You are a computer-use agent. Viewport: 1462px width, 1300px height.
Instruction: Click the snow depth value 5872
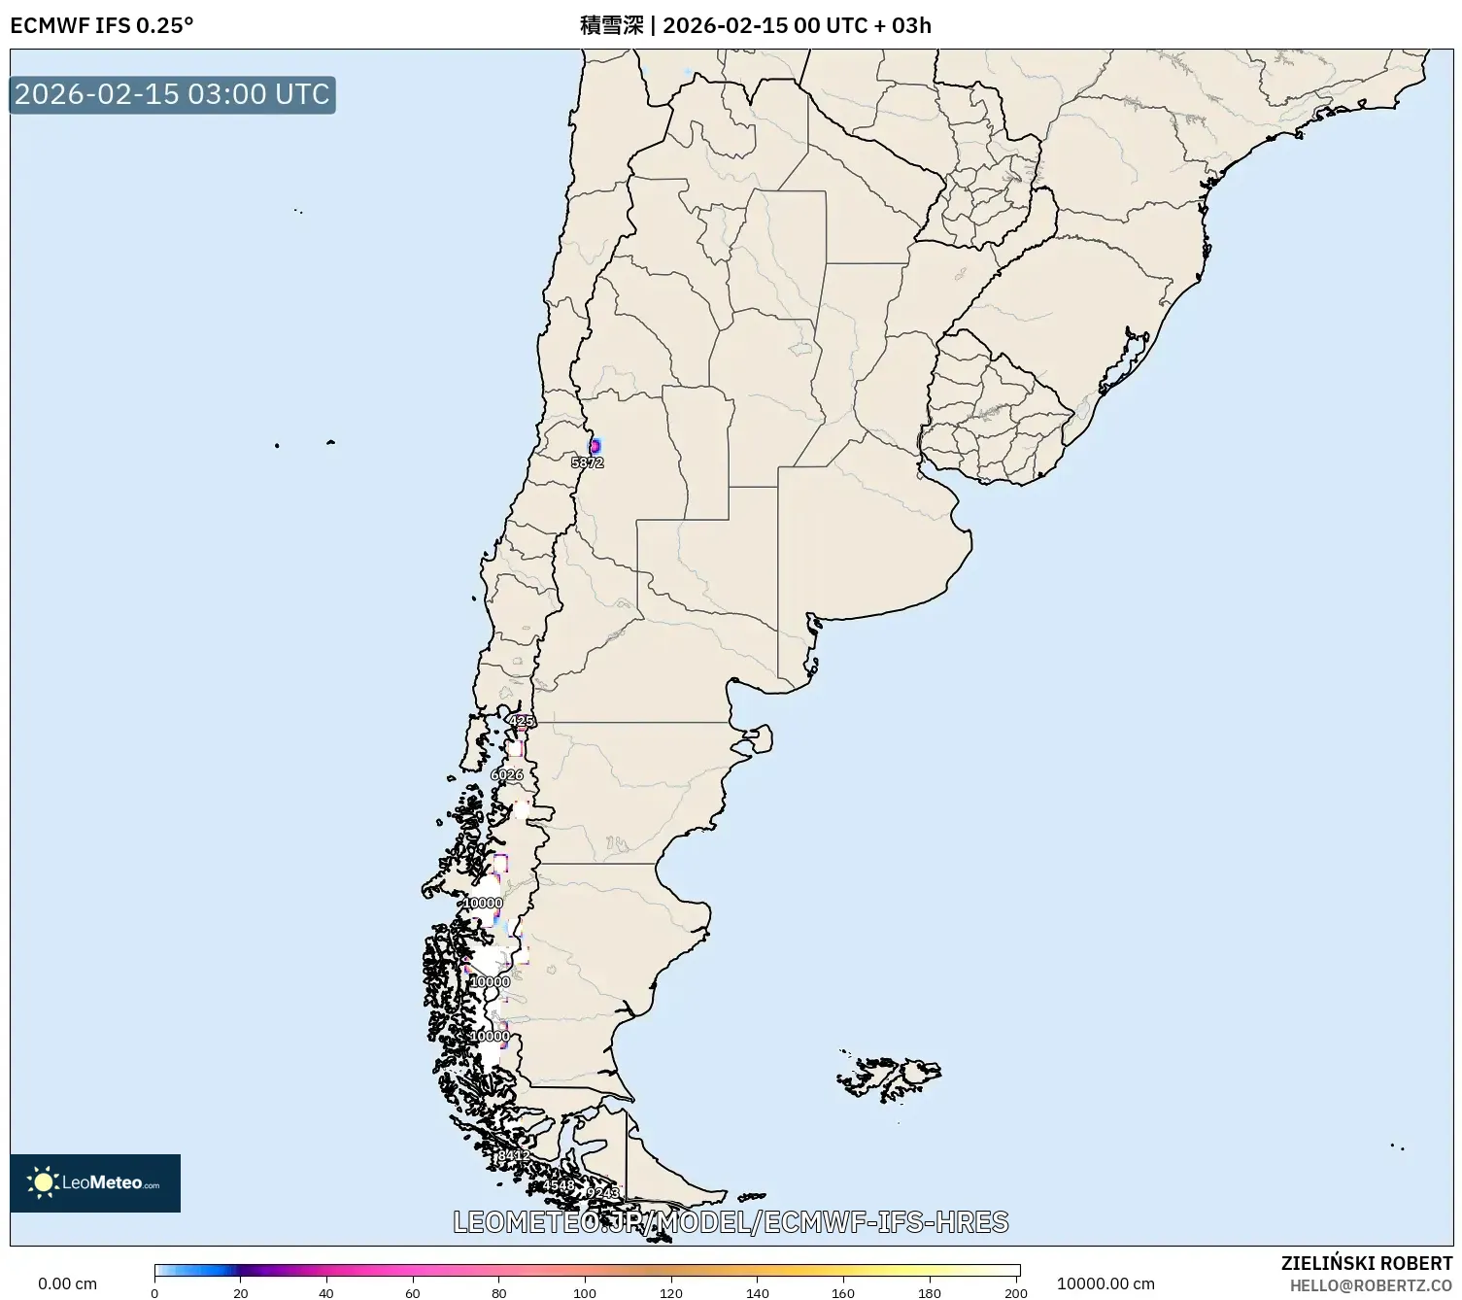point(588,463)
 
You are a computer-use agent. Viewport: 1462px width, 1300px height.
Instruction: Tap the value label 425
point(522,721)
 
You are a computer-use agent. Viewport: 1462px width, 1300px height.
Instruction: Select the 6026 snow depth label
point(507,774)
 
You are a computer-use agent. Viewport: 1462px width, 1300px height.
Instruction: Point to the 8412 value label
point(513,1155)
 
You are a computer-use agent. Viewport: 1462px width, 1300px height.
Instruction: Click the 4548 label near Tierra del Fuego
point(559,1186)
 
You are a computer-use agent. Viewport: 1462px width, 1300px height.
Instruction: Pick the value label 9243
point(602,1192)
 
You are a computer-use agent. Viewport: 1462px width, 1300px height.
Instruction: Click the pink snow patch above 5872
point(595,445)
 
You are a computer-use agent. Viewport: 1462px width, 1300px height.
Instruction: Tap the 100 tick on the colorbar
point(585,1292)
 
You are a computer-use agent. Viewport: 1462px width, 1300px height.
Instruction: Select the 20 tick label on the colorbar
point(241,1292)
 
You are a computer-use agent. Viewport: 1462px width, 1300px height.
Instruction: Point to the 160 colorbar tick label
point(843,1292)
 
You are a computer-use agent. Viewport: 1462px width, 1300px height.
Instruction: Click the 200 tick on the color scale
point(1016,1292)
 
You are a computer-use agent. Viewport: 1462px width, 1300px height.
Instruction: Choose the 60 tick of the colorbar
point(413,1292)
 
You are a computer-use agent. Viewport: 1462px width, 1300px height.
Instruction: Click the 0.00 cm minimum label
point(67,1283)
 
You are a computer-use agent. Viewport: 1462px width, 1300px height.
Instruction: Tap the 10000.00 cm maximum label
point(1105,1283)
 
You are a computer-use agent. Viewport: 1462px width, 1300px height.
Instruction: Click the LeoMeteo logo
point(95,1182)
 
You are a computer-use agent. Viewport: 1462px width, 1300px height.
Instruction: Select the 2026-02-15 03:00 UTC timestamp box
point(172,94)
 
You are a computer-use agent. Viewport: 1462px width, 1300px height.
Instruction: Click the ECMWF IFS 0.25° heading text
point(102,25)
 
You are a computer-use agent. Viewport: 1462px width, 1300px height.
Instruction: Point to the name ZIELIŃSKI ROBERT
point(1366,1263)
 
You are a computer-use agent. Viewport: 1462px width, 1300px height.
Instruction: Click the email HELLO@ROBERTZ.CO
point(1371,1285)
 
